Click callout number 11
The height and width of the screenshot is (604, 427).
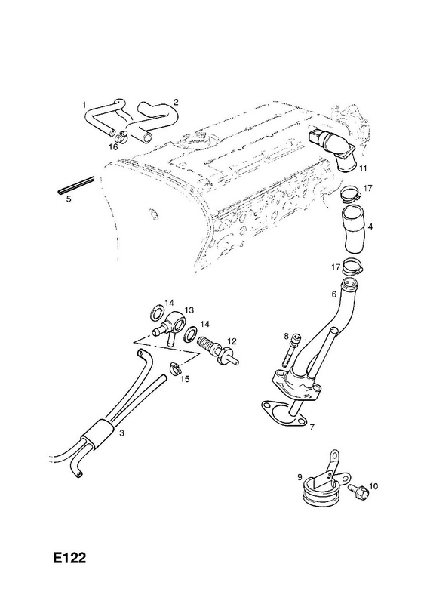click(363, 168)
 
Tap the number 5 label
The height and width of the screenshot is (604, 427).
click(69, 199)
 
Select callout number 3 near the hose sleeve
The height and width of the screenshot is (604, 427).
click(121, 433)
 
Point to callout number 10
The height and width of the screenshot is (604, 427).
click(373, 486)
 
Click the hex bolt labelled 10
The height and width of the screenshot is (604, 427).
click(357, 492)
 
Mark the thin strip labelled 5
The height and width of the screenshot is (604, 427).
click(76, 185)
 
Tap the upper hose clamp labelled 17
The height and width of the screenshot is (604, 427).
click(352, 193)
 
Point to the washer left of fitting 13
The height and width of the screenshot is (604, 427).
click(157, 312)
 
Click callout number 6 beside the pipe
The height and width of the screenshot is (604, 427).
click(333, 294)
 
